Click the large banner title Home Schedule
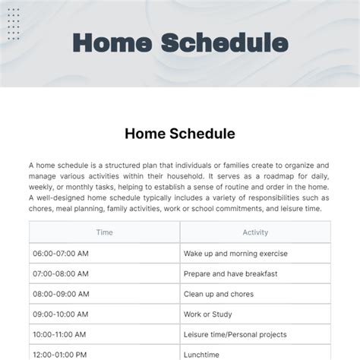180,43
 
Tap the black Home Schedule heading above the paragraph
180,134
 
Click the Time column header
105,232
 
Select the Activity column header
255,232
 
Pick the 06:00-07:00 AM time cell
61,254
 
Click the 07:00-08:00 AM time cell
61,273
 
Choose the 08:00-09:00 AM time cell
61,294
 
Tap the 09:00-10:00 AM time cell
61,314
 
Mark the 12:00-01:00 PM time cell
61,354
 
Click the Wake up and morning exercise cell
235,254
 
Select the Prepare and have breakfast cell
230,273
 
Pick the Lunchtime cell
201,354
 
